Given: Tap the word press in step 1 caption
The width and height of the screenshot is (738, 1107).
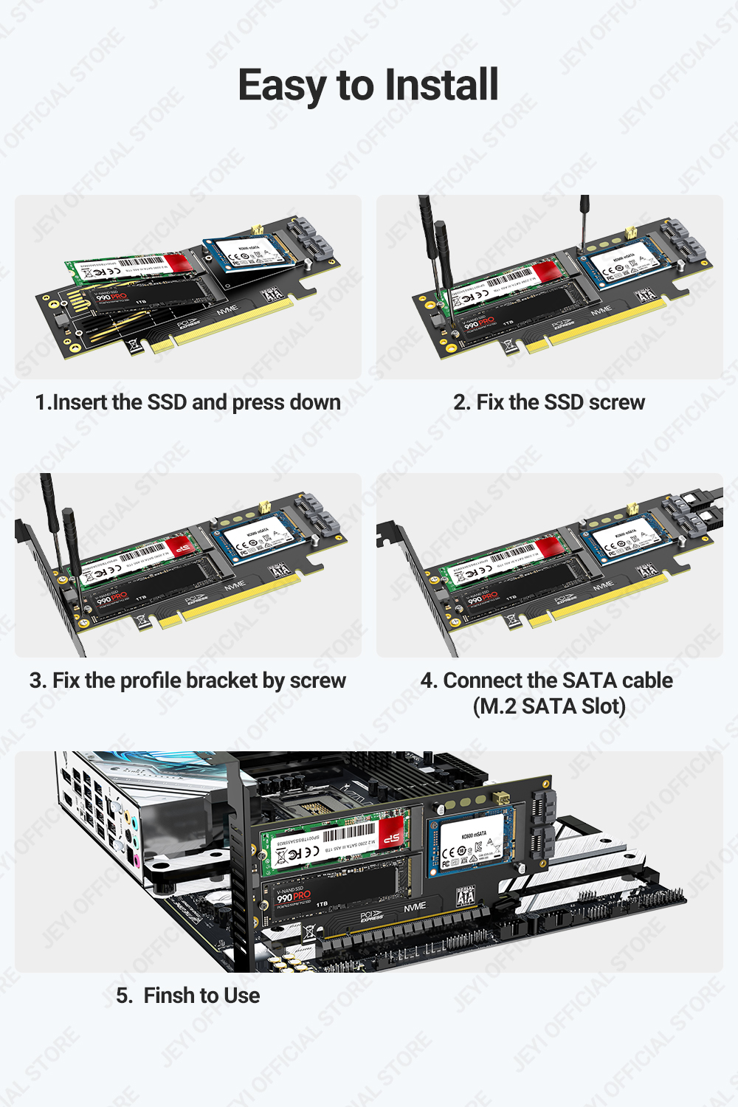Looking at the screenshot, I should (x=258, y=403).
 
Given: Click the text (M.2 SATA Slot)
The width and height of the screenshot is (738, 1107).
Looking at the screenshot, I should (x=549, y=706).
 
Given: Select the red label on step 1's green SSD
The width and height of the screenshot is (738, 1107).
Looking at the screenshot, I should (x=178, y=263).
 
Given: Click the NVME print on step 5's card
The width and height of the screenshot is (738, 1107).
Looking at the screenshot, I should (x=415, y=907).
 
